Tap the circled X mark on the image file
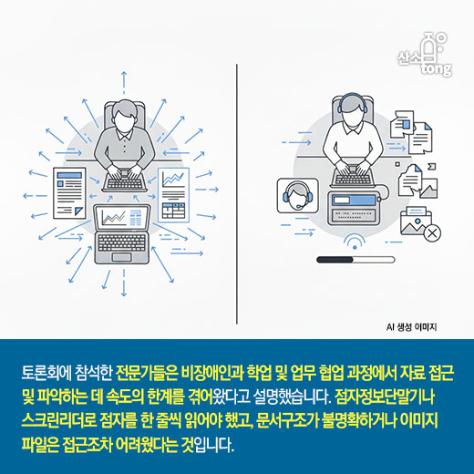point(432,233)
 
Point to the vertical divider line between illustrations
point(237,182)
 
